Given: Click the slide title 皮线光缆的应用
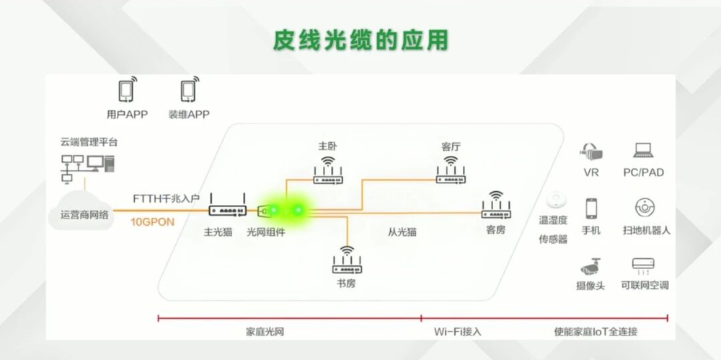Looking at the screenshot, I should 360,40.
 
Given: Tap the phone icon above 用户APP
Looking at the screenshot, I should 126,90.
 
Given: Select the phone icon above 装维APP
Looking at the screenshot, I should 188,90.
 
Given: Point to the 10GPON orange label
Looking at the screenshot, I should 152,222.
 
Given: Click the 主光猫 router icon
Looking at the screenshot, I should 227,210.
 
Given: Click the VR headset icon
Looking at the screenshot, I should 591,152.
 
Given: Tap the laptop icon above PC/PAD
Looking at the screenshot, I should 643,151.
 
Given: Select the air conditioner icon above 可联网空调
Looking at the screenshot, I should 643,265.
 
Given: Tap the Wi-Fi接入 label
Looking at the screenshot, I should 457,332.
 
